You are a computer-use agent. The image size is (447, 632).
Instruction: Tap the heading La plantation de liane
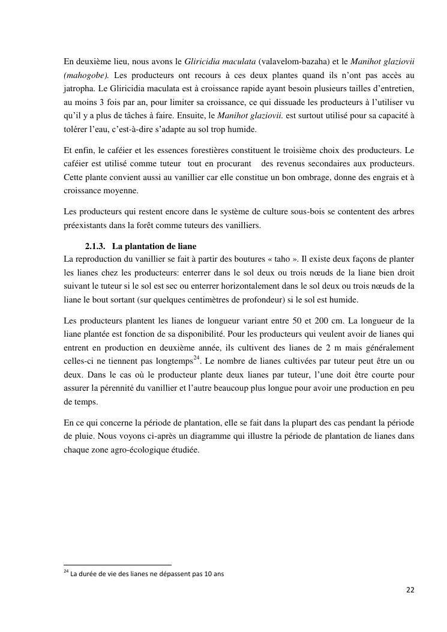(x=154, y=246)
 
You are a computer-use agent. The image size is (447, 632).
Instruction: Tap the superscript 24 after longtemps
(x=197, y=358)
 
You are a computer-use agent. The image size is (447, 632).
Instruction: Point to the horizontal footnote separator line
(x=117, y=565)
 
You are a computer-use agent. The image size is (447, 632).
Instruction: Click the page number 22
(x=410, y=590)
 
